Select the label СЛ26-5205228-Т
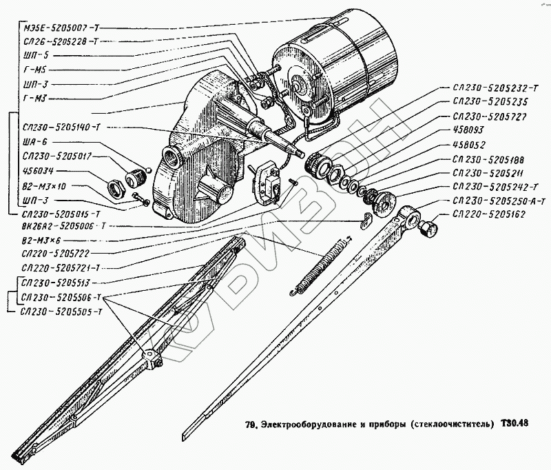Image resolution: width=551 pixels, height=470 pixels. [x=61, y=41]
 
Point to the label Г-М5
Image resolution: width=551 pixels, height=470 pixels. [x=36, y=70]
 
